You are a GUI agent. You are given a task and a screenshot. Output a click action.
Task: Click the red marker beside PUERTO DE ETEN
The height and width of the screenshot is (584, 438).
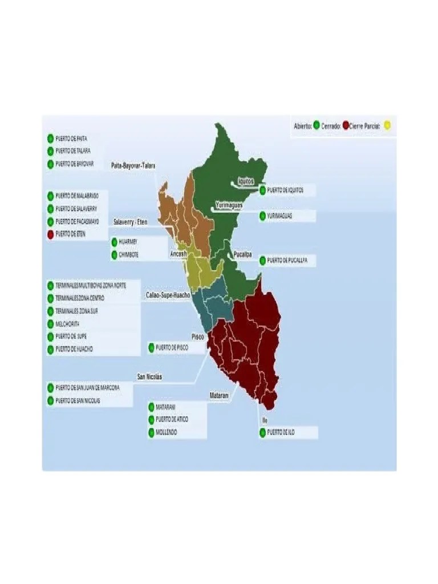click(x=50, y=234)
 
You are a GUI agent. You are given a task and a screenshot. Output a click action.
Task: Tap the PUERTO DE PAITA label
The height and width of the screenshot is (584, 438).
click(x=71, y=138)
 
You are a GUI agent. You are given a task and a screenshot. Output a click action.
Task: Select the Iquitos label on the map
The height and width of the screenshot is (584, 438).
click(x=246, y=181)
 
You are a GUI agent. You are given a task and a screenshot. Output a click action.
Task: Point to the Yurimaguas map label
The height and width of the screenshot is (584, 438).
click(x=229, y=204)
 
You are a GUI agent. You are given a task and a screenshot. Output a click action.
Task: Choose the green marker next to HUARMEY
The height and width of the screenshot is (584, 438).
click(x=114, y=242)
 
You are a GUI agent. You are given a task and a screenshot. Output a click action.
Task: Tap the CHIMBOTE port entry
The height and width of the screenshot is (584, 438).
click(x=128, y=254)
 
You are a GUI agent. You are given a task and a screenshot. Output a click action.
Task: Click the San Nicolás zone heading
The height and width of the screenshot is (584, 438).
click(x=149, y=377)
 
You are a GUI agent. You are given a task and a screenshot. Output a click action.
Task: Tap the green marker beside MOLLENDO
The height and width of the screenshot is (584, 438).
click(x=151, y=432)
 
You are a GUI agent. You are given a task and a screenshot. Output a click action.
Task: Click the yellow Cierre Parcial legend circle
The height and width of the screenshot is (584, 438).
click(x=388, y=125)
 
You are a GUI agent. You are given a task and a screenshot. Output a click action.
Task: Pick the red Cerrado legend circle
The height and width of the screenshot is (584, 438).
click(x=346, y=125)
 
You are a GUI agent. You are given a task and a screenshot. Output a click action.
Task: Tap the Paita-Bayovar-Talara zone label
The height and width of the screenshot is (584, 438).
click(x=133, y=165)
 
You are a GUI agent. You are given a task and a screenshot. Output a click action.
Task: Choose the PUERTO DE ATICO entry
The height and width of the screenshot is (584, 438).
click(x=172, y=420)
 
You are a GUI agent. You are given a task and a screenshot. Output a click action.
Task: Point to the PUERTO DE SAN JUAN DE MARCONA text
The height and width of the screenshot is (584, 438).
click(x=87, y=388)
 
